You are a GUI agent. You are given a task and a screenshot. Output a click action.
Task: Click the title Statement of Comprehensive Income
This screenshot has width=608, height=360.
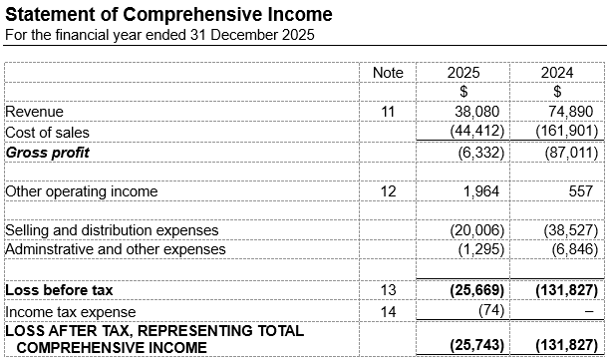pos(169,15)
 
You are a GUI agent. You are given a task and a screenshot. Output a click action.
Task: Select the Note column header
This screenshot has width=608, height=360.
pos(388,73)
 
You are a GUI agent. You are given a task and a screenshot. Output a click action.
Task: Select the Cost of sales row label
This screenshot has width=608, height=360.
pos(47,132)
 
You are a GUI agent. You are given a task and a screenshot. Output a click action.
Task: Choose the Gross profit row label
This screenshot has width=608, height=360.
pos(47,152)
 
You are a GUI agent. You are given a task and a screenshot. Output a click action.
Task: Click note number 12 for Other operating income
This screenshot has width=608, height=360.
pos(388,190)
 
